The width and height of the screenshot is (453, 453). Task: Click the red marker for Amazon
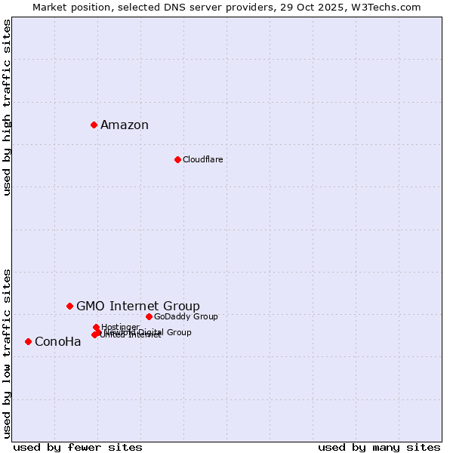click(x=94, y=125)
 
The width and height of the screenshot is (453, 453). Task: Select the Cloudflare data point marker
click(x=177, y=159)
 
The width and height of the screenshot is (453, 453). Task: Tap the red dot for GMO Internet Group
click(x=69, y=306)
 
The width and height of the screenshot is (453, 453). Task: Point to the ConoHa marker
click(x=28, y=341)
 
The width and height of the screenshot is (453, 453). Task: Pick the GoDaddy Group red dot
click(x=149, y=316)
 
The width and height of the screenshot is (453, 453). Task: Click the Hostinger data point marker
click(x=96, y=327)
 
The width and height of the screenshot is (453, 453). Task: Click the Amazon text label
click(x=125, y=125)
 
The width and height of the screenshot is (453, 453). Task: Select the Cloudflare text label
click(x=202, y=159)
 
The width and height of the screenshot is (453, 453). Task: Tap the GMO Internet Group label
click(x=138, y=306)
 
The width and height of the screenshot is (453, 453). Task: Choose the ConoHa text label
click(x=57, y=341)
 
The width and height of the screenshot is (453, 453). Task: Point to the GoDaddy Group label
click(x=186, y=316)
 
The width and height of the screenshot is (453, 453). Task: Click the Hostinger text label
click(x=121, y=327)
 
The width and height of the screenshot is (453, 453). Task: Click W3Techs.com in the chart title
click(x=385, y=7)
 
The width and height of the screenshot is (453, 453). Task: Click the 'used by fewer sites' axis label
click(x=78, y=447)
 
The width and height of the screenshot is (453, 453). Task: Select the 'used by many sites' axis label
click(x=379, y=447)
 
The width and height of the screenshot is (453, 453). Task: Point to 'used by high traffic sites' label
click(x=8, y=107)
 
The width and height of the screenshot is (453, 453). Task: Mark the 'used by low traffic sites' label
click(x=8, y=353)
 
